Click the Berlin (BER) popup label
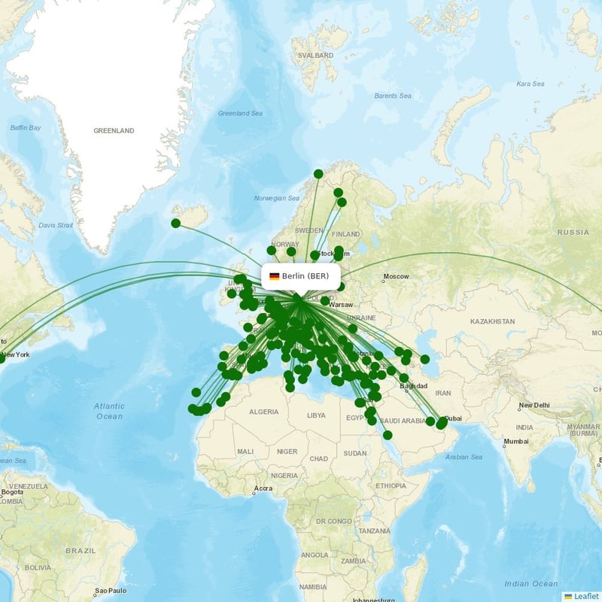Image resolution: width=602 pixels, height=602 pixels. coord(306,276)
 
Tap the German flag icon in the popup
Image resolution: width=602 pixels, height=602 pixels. coord(275,276)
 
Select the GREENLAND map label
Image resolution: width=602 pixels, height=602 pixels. coord(114,131)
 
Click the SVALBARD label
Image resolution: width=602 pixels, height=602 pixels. coord(315,56)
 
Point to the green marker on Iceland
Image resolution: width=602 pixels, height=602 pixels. coord(175,223)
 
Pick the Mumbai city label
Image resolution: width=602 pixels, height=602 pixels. coord(515,441)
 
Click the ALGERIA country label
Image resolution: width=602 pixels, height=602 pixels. coord(263,412)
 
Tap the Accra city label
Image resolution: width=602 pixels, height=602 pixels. coord(263,489)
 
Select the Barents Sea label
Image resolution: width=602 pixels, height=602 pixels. coord(393,96)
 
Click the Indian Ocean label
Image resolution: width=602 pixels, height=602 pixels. coord(531,583)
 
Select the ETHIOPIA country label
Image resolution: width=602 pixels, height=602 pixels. coord(391,485)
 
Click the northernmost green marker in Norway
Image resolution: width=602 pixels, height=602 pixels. coord(318,174)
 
